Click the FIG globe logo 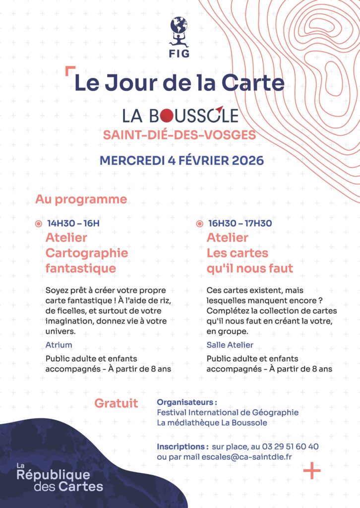(x=179, y=31)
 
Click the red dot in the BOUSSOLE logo (x=167, y=116)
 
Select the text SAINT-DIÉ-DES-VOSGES (x=180, y=135)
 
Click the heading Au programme (x=81, y=199)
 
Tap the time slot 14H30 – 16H (x=73, y=223)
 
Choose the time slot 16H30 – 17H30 (x=240, y=223)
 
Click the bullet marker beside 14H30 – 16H (x=39, y=224)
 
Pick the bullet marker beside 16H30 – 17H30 (x=199, y=224)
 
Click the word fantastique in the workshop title (x=80, y=268)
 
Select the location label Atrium (x=59, y=345)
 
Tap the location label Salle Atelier (x=230, y=345)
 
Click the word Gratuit (x=116, y=403)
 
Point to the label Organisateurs (x=187, y=402)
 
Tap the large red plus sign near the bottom (x=312, y=470)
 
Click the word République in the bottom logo (x=53, y=475)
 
